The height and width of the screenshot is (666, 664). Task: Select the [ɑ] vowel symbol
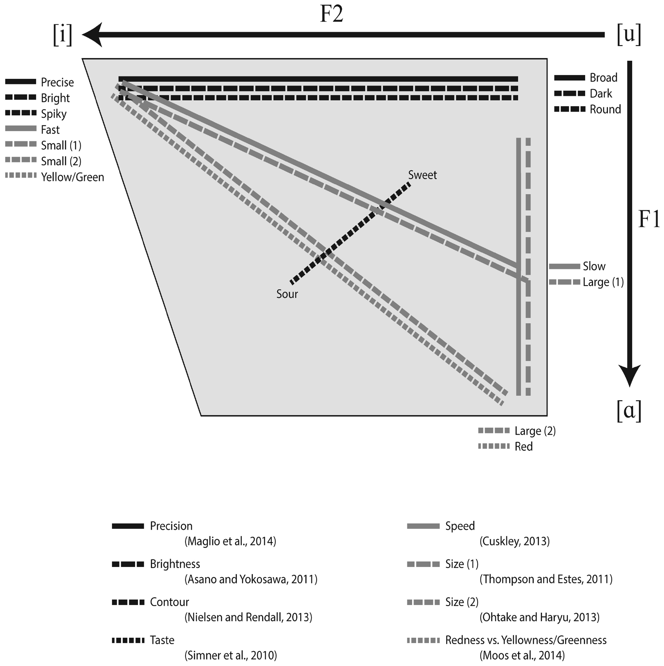coord(629,411)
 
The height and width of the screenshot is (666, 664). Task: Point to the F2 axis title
coord(332,14)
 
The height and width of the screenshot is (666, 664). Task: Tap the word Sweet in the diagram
coord(422,175)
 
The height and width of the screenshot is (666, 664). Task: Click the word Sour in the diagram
coord(287,294)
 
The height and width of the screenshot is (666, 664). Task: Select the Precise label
coord(57,82)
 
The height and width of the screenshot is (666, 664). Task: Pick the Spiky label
coord(54,114)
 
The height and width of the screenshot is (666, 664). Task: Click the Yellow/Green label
coord(72,177)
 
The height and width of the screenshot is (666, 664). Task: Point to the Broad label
coord(603,78)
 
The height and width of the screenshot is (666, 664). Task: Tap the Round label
coord(605,109)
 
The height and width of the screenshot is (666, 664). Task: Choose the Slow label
coord(594,266)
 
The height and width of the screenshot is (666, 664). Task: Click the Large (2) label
coord(535,431)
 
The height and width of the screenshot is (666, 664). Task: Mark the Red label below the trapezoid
coord(524,447)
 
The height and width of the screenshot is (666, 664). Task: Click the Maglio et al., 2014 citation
coord(230,541)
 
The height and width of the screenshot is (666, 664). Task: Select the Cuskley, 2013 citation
coord(514,541)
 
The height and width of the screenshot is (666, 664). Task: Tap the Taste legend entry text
coord(162,640)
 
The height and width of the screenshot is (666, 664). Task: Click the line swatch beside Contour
coord(128,602)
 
